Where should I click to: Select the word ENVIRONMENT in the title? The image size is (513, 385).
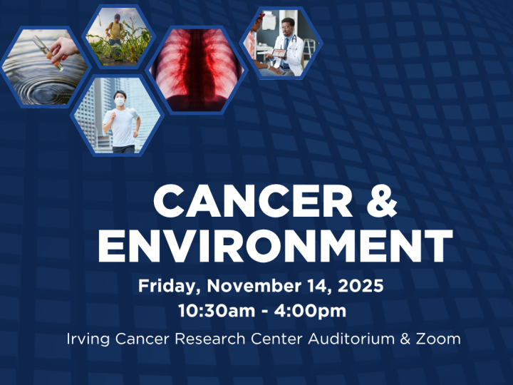275,247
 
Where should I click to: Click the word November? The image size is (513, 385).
249,287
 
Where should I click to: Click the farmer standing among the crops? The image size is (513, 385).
114,36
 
